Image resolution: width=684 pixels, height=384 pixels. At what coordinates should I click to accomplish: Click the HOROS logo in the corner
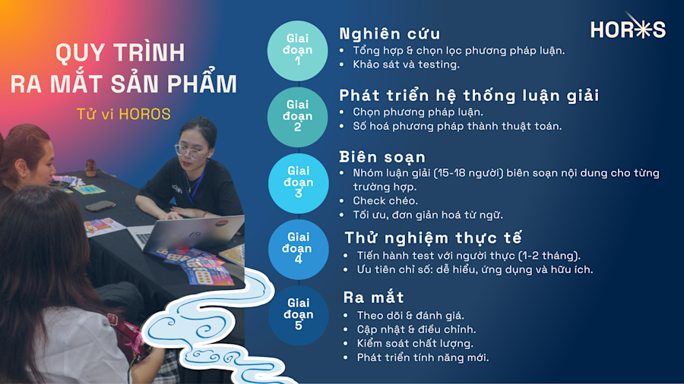tap(628, 29)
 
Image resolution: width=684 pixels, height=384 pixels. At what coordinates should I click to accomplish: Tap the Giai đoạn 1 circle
tap(298, 49)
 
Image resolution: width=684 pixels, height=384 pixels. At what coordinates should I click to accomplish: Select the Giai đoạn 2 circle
tap(298, 116)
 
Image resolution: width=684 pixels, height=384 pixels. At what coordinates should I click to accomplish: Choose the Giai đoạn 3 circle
tap(298, 183)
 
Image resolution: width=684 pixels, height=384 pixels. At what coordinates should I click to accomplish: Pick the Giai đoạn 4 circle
tap(298, 249)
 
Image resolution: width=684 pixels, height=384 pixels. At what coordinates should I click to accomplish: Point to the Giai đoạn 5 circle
tap(298, 315)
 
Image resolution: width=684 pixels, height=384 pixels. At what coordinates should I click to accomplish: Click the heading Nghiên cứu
tap(389, 34)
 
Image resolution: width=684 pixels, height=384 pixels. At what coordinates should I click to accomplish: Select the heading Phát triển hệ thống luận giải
tap(469, 96)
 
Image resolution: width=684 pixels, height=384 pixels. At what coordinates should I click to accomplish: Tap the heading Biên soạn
tap(382, 157)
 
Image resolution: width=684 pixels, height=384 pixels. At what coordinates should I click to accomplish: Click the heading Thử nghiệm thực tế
tap(432, 238)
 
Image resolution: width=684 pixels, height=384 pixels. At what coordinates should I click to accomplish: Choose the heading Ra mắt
tap(373, 297)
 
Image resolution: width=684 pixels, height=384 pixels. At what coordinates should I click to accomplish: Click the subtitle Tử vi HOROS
tap(124, 115)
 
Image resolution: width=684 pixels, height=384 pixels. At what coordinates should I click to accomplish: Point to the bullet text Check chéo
tap(385, 201)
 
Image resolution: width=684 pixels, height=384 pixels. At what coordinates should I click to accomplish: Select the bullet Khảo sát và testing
tap(406, 65)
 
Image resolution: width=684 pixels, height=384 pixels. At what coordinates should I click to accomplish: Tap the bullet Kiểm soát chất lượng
tap(415, 343)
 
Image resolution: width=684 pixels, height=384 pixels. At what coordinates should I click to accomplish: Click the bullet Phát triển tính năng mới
tap(423, 357)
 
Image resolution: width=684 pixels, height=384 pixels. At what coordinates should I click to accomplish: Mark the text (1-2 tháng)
tap(549, 255)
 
